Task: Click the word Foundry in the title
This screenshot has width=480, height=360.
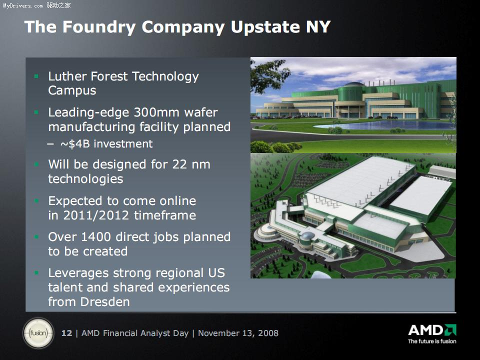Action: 99,27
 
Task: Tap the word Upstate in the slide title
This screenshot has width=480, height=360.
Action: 265,27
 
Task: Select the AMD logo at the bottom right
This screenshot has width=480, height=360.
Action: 432,330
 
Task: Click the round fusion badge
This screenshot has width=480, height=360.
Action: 38,333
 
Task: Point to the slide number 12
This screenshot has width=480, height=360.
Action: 66,333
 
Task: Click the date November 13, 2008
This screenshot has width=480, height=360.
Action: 238,333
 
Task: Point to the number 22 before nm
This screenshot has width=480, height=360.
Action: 179,164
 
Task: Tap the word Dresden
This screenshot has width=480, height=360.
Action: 105,302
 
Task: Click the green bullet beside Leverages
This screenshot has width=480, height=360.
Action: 36,273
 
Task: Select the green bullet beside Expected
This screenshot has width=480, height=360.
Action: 36,201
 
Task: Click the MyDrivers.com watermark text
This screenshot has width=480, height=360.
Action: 23,5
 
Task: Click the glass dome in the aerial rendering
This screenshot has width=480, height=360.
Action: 307,235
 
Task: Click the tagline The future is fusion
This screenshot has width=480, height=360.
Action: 432,341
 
